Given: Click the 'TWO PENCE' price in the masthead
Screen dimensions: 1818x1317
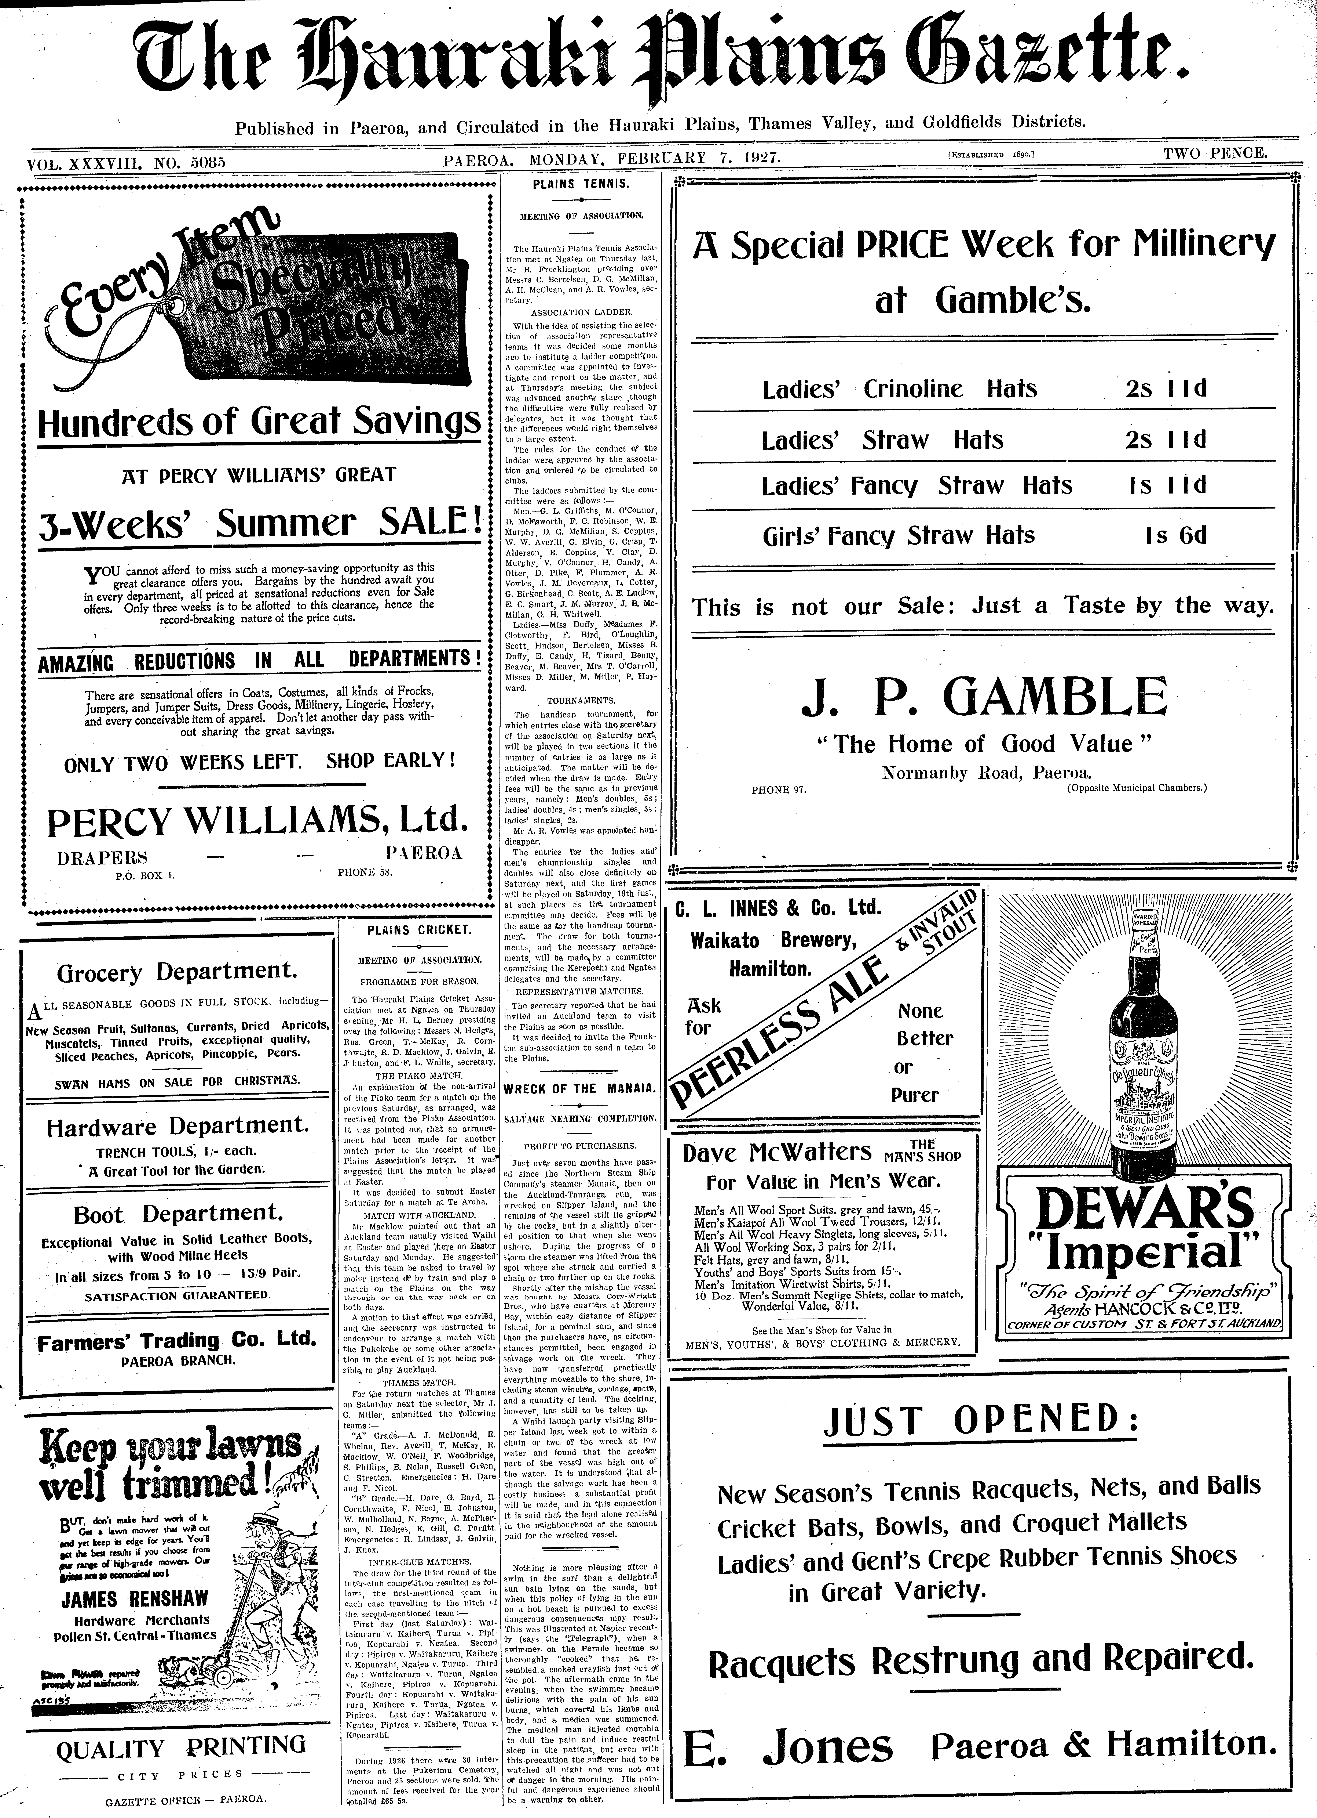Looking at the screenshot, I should pos(1215,152).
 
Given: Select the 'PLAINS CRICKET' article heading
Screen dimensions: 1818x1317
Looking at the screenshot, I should pos(419,930).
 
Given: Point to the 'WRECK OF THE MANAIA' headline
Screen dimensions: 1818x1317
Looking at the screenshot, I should pos(580,1089).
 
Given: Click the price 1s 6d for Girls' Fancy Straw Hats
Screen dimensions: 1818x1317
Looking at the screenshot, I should pos(1176,535).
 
